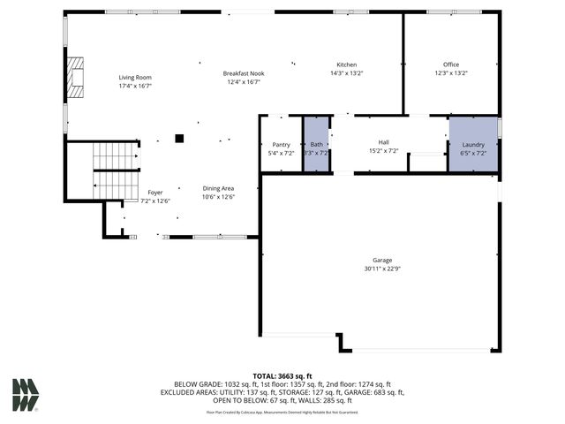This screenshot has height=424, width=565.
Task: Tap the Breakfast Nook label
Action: point(244,73)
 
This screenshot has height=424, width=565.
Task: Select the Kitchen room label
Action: point(346,64)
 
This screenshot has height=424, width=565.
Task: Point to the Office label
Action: point(451,64)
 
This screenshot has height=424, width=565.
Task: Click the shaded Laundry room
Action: point(473,145)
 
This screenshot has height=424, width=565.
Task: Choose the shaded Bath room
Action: point(316,145)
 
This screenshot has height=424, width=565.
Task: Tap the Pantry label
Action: point(281,144)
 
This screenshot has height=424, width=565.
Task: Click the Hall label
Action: point(383,142)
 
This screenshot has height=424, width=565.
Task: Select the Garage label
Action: point(381,261)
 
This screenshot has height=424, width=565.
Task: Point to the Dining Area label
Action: point(218,188)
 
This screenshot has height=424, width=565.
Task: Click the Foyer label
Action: point(155,193)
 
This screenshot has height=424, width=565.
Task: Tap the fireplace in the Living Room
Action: point(76,77)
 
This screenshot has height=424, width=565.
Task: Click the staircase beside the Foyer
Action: point(115,170)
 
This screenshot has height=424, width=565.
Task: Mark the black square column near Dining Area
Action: point(179,138)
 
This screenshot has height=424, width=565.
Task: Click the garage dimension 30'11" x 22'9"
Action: point(381,269)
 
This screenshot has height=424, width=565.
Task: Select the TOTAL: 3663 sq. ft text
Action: point(282,376)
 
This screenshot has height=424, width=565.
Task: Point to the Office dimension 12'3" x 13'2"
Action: point(451,72)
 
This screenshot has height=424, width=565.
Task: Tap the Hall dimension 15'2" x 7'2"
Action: point(383,151)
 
